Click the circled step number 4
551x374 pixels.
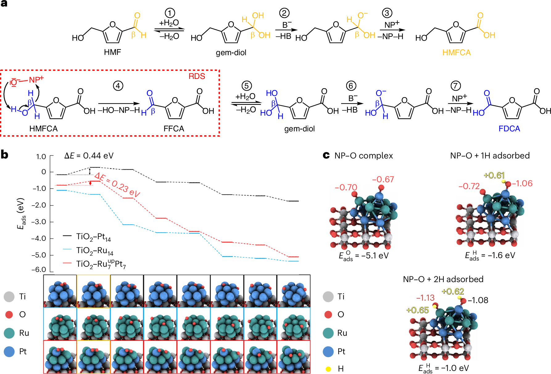(118, 86)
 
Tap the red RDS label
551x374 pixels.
(197, 76)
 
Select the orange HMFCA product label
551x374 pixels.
(456, 52)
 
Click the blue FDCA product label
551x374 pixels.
(509, 129)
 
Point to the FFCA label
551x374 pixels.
(174, 129)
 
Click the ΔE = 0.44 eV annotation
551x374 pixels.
(89, 156)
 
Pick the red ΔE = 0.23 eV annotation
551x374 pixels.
(117, 185)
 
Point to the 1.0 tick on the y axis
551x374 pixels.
(41, 157)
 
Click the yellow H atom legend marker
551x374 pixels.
(328, 369)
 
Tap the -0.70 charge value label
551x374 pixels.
(346, 187)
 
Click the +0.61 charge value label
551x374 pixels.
(494, 175)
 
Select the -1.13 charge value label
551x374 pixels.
(425, 298)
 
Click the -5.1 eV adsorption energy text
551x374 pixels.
(364, 256)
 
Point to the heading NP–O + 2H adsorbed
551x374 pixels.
(443, 279)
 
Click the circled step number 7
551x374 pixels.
(456, 86)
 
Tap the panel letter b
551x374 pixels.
(5, 154)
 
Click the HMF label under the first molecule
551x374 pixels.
(112, 52)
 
